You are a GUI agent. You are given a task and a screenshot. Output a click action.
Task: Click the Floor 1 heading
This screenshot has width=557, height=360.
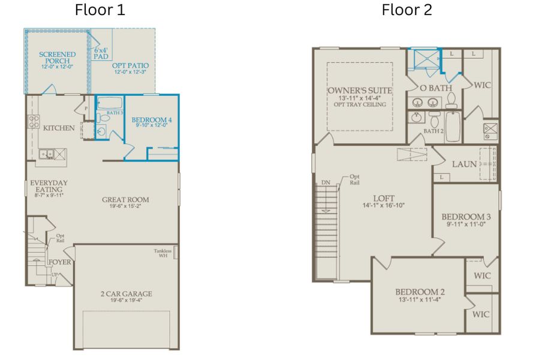point(100,10)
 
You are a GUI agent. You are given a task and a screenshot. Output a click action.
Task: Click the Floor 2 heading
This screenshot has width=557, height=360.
point(407,10)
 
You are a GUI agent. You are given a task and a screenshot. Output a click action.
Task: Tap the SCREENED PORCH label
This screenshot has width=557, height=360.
point(58,58)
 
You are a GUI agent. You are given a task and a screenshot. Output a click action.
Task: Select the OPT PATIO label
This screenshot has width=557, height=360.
point(131,65)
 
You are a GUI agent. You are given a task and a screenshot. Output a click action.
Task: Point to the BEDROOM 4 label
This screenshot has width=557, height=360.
point(152,120)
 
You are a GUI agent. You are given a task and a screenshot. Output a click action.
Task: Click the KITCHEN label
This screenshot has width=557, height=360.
point(59,128)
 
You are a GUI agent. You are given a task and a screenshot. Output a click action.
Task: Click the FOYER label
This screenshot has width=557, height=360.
point(59,262)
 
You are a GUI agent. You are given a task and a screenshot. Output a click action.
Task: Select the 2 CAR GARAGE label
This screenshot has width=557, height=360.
point(126,294)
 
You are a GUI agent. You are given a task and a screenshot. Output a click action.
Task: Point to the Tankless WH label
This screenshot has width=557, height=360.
point(162,253)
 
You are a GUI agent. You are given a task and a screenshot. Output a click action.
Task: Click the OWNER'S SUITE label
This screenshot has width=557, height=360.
point(360,91)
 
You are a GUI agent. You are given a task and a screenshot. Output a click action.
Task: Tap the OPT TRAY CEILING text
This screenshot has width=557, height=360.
point(360,104)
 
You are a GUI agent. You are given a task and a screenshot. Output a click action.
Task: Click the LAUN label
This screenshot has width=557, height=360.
point(464,164)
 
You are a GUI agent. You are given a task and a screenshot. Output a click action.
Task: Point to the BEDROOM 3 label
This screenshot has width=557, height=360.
point(466,217)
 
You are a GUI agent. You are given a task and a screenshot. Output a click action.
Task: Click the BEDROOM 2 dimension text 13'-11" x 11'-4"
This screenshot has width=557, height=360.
point(419,299)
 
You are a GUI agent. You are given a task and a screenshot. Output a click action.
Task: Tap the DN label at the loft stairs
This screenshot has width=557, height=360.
point(326,182)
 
